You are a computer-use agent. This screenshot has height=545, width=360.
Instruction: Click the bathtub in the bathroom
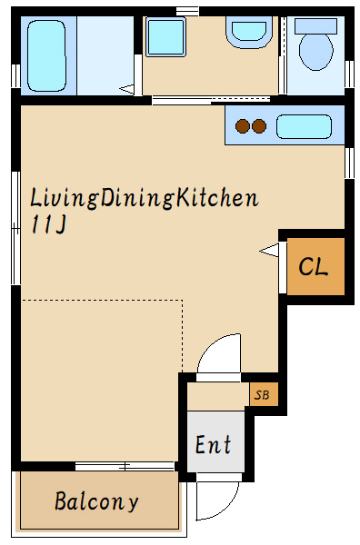[46, 55]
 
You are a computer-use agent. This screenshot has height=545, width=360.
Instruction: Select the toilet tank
[315, 26]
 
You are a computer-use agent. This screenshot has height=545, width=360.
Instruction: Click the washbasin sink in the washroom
[249, 32]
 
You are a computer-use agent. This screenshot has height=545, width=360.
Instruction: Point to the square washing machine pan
[165, 37]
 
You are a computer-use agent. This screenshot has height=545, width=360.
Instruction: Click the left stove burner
[243, 126]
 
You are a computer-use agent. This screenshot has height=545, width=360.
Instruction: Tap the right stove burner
[259, 126]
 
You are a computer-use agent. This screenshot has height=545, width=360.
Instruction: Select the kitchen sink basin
[304, 126]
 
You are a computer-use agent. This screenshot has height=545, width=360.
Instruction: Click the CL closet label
[313, 266]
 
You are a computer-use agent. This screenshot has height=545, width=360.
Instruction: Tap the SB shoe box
[262, 395]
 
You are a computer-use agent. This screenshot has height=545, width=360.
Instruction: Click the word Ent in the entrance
[213, 444]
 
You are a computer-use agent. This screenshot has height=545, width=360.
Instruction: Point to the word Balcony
[96, 501]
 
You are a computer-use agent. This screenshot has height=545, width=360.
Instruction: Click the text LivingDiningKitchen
[145, 198]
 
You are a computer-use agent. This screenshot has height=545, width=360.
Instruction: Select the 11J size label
[49, 224]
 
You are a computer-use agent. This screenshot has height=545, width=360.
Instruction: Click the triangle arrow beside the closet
[269, 251]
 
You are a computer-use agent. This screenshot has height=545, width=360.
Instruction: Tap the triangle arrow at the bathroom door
[127, 89]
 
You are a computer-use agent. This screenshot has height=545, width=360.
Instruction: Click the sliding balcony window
[125, 466]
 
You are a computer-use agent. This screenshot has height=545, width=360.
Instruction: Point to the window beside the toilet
[349, 74]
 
